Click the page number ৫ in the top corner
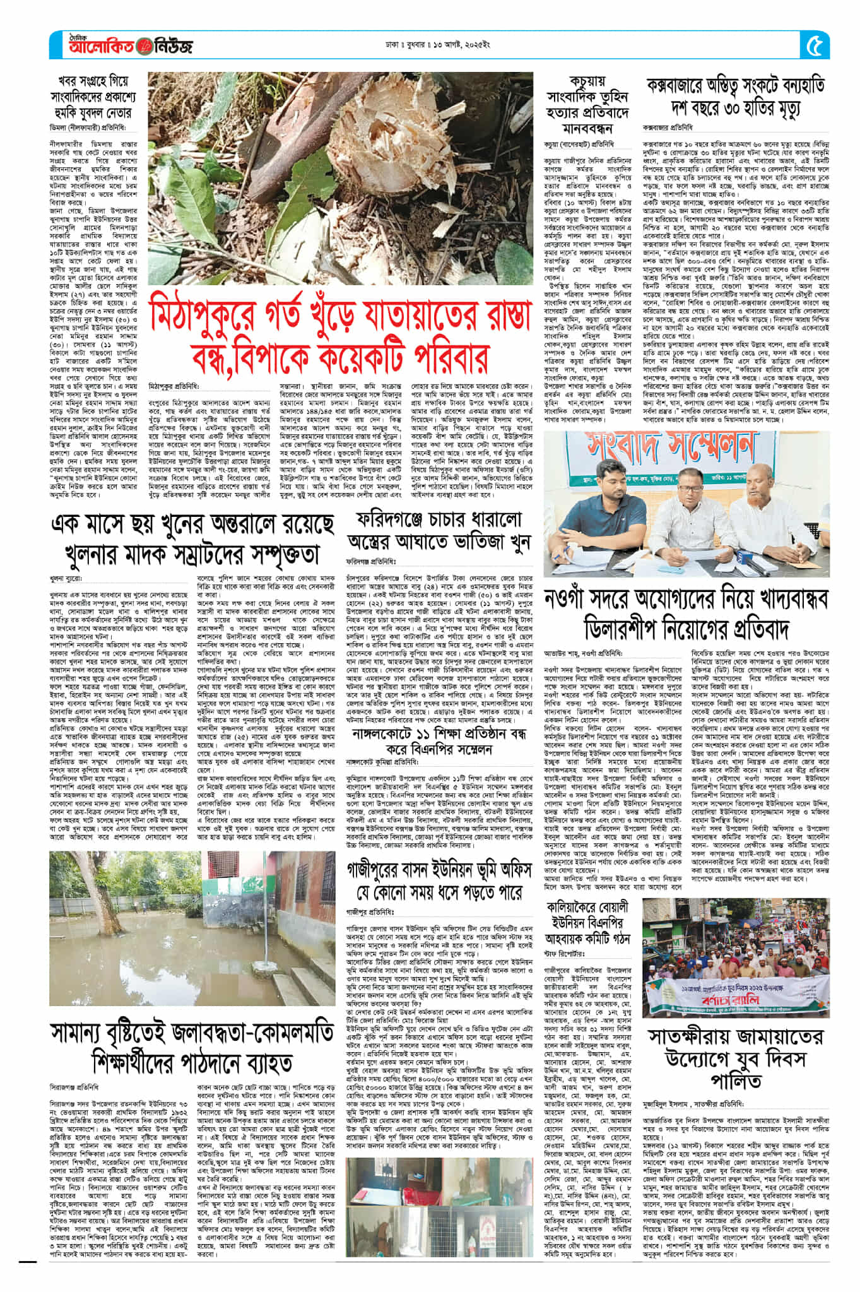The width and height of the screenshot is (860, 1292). click(x=815, y=45)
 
